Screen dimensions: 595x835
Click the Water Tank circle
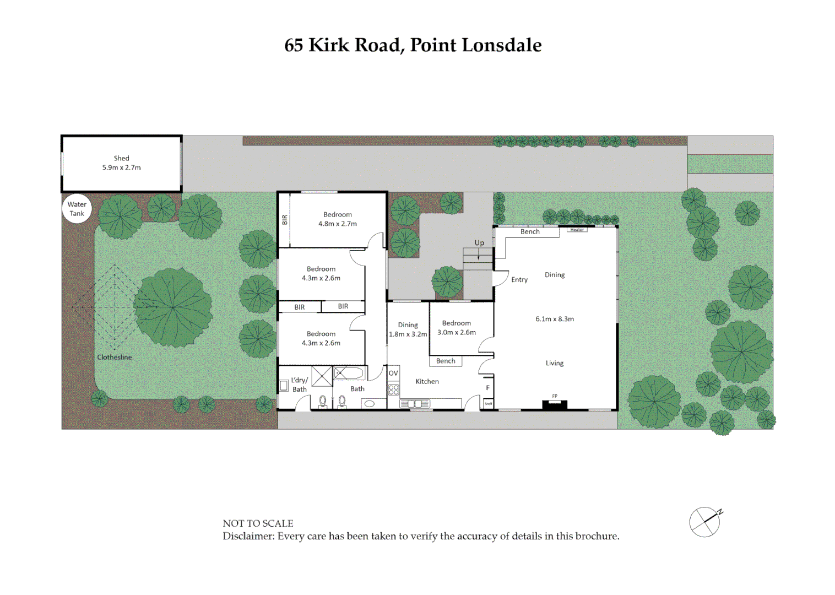click(77, 209)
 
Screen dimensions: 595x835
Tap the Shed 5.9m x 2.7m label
click(121, 163)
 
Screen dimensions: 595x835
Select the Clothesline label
click(115, 357)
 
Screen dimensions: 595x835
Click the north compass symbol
click(705, 522)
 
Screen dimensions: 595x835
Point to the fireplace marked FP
click(555, 404)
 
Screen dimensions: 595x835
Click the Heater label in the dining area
click(577, 230)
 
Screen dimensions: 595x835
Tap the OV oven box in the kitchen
click(393, 373)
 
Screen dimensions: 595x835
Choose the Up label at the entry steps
click(479, 243)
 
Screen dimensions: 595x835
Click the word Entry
click(519, 280)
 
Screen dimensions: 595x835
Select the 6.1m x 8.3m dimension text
click(555, 319)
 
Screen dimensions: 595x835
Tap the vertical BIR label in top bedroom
click(285, 220)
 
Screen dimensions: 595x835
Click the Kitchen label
click(427, 381)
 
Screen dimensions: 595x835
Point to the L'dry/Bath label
click(300, 385)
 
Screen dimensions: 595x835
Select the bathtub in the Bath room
click(349, 374)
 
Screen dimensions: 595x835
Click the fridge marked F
click(487, 388)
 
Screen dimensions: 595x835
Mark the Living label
click(555, 363)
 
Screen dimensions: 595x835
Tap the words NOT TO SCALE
click(258, 523)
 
